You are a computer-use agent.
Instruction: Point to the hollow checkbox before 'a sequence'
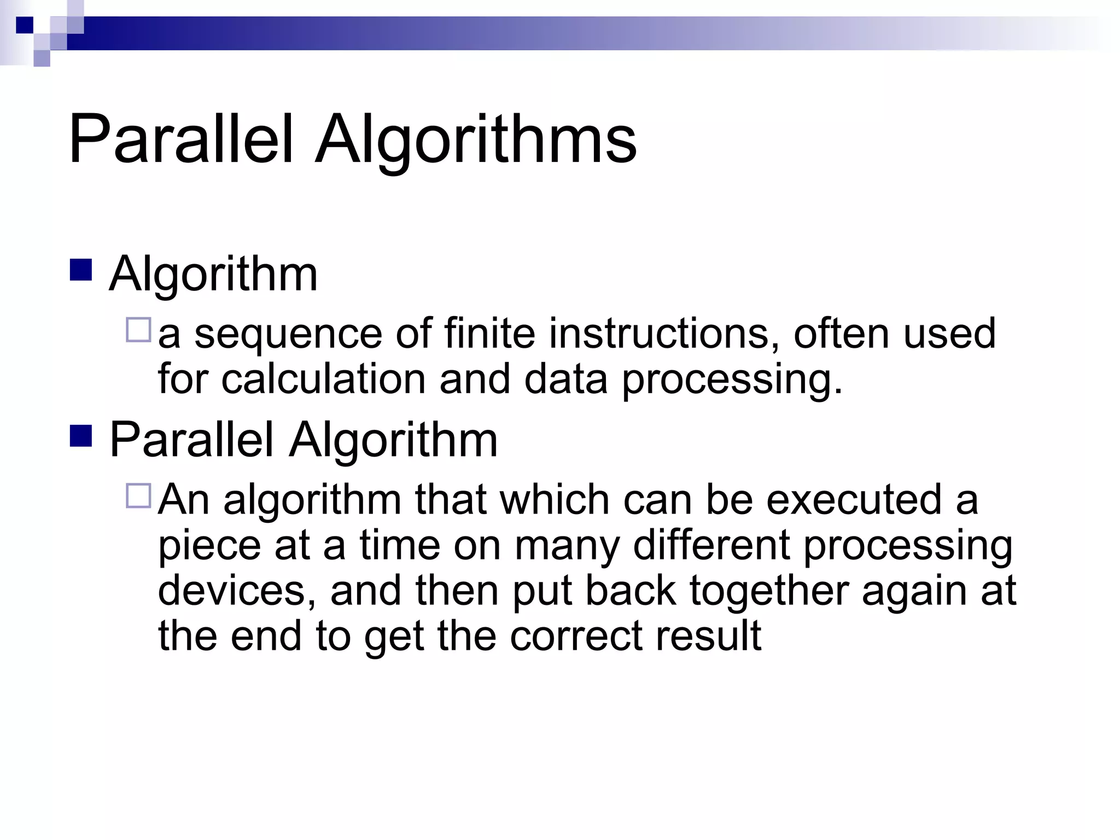click(138, 331)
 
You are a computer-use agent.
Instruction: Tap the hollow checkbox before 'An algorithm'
click(138, 495)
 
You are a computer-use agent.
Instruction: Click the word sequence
click(288, 335)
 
